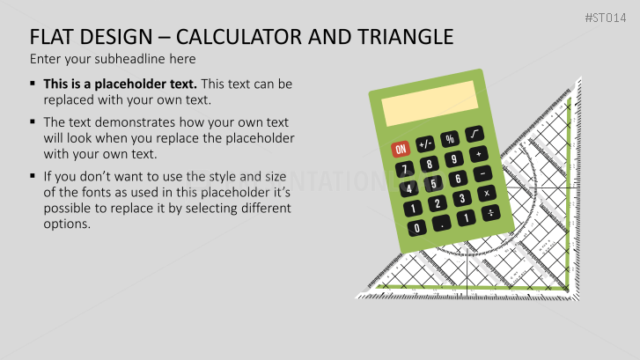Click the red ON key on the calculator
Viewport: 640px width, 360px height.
(401, 149)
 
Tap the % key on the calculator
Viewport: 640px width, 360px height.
(449, 139)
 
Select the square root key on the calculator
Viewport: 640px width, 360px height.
(474, 134)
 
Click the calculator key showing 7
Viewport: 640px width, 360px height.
(404, 169)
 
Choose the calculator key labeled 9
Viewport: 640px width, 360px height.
(454, 158)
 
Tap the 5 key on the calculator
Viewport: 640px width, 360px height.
(433, 184)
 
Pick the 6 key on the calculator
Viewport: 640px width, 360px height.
(458, 179)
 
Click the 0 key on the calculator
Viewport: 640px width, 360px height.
(416, 228)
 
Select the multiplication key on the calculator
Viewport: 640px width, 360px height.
(487, 193)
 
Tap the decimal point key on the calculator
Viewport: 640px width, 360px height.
(442, 223)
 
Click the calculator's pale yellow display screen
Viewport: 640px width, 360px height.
(430, 103)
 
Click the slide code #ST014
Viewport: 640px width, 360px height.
(606, 18)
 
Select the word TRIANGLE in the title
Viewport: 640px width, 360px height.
(406, 37)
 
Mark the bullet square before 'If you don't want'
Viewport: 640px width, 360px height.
(33, 176)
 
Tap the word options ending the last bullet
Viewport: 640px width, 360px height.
(67, 224)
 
